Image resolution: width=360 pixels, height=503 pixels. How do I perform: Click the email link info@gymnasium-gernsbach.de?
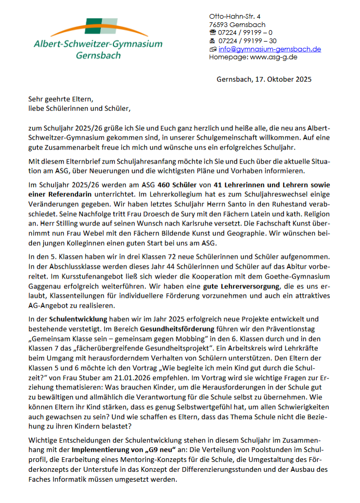pyautogui.click(x=269, y=49)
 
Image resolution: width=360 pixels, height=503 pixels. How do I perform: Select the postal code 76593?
pyautogui.click(x=218, y=24)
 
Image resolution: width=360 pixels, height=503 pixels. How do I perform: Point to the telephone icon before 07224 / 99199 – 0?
pyautogui.click(x=212, y=33)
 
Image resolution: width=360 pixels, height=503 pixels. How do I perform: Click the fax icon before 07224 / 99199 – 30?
pyautogui.click(x=212, y=41)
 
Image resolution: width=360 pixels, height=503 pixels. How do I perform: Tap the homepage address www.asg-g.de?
pyautogui.click(x=273, y=57)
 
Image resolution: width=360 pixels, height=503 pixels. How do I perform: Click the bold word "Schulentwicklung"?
pyautogui.click(x=78, y=319)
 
